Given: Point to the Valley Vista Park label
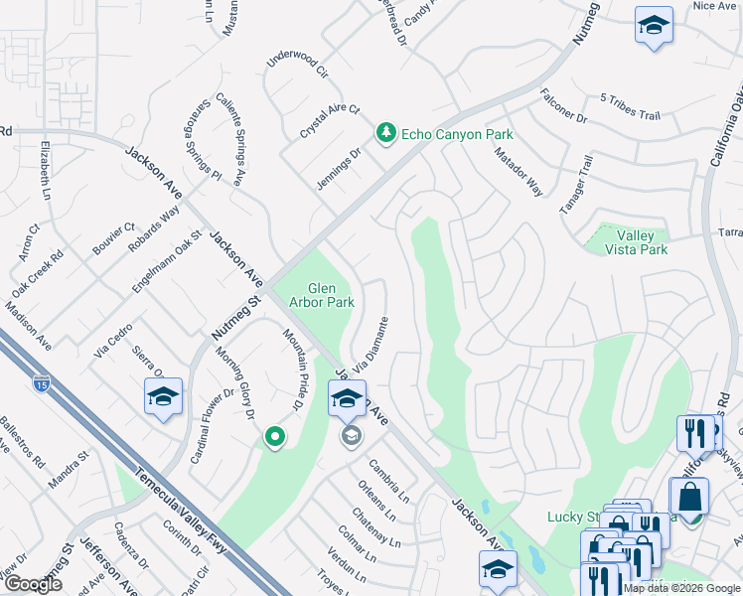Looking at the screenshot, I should [636, 242].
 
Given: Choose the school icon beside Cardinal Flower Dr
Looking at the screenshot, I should [164, 398].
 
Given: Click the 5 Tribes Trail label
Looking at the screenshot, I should [630, 107].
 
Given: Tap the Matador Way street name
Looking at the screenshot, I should [520, 171].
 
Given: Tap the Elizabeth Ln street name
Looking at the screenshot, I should [45, 171].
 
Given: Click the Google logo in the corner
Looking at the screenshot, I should [33, 584].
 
